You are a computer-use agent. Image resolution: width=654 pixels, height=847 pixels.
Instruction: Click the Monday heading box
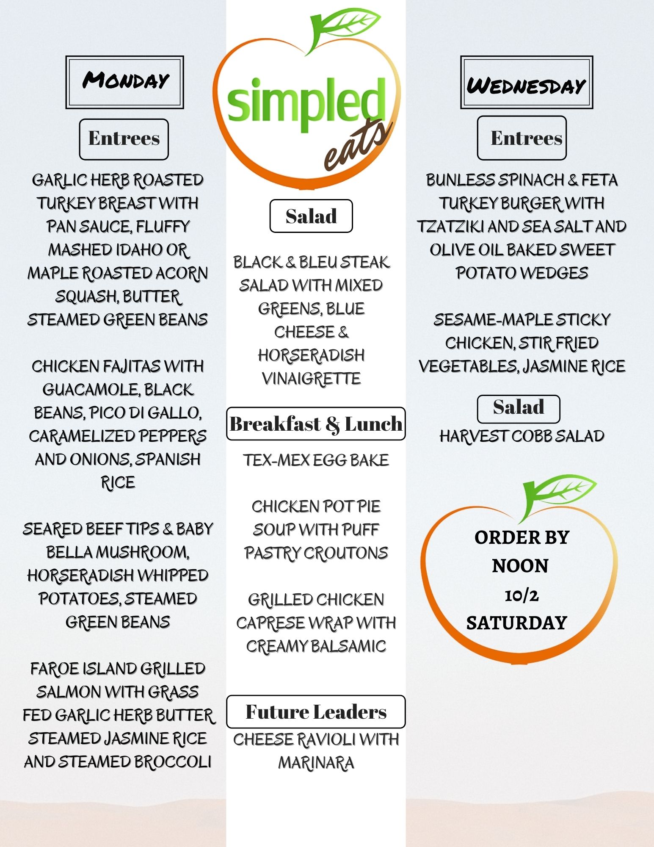pos(124,82)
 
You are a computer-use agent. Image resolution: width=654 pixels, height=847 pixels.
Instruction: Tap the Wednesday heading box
pos(526,83)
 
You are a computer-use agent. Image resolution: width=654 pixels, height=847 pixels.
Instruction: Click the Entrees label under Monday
pos(124,139)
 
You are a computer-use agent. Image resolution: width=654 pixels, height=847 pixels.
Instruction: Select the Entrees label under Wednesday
pos(522,138)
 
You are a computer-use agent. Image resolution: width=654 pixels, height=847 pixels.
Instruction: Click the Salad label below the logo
pos(311,216)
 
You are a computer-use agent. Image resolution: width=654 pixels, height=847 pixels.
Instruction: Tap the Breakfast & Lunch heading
pos(316,424)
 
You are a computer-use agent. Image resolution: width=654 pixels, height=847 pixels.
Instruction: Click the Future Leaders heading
pos(316,712)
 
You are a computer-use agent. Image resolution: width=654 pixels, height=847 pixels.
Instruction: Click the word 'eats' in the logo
pos(356,146)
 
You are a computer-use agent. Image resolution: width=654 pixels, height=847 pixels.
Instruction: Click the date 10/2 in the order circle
pos(522,595)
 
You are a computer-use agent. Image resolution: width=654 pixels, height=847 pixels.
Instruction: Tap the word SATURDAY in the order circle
pos(516,623)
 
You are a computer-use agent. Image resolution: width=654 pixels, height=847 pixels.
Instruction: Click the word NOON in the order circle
pos(520,566)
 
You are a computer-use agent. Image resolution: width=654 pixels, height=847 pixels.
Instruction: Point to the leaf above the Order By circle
pos(559,491)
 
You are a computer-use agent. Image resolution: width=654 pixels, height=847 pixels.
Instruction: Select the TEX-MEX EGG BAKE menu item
pos(316,460)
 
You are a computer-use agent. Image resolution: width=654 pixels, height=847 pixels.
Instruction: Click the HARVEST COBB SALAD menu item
pos(522,436)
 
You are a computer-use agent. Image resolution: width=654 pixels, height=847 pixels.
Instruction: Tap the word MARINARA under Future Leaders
pos(316,763)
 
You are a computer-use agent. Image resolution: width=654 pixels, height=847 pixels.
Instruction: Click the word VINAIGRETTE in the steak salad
pos(311,379)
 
